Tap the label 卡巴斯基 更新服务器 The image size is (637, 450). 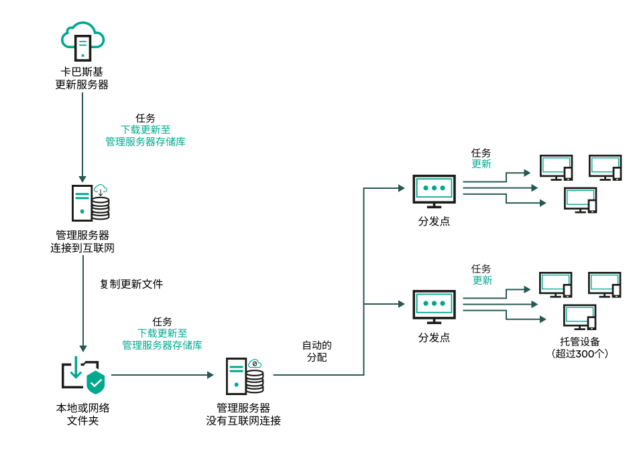point(82,78)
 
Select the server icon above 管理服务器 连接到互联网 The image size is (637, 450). point(90,203)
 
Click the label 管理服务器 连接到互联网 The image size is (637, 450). point(82,242)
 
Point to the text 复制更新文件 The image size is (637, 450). point(131,284)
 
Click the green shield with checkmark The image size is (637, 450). point(96,382)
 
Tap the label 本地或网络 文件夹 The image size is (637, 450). point(82,414)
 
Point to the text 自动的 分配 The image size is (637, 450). point(316,352)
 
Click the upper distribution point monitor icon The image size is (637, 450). point(434,190)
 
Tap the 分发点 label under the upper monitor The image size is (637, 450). point(434,221)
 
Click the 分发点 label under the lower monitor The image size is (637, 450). point(434,337)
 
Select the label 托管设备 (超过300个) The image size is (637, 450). point(579,347)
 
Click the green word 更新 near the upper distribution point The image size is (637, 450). point(481,164)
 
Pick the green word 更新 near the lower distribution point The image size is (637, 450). point(482,281)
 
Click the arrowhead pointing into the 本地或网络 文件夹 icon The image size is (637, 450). point(82,348)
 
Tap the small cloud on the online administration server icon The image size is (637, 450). point(101,189)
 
